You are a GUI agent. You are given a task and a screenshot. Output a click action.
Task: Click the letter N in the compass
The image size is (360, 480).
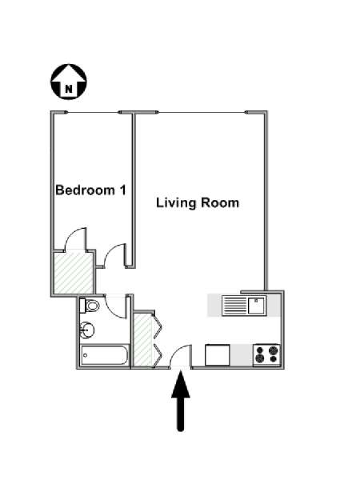point(69,89)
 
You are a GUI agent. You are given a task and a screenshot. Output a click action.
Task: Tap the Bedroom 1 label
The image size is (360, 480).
point(90,190)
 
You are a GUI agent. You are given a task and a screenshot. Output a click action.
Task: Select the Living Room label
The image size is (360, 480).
point(198,203)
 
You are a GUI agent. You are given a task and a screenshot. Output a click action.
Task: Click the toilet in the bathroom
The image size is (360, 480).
point(90,306)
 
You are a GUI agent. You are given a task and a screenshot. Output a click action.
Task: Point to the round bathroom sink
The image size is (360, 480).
point(87,330)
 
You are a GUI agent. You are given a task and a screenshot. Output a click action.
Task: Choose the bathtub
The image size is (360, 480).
point(104,355)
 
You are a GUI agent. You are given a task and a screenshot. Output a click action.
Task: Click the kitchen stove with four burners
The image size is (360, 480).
point(266,354)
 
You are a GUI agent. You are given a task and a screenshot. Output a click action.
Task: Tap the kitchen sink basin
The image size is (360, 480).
point(257,306)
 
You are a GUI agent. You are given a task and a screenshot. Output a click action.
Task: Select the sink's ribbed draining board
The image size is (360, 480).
point(234,306)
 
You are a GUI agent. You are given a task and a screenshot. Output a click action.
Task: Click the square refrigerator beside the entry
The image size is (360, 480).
point(218,355)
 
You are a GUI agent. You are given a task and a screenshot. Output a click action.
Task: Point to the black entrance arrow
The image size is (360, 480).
point(181,401)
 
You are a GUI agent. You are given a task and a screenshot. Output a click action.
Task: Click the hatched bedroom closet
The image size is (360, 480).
point(73,272)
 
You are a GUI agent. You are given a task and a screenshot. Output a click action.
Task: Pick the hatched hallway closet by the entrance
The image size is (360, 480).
point(143,339)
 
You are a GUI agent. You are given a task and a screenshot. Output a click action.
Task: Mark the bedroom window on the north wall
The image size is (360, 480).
point(94,112)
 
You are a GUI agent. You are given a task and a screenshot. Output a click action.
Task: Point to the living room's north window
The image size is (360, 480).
point(202,112)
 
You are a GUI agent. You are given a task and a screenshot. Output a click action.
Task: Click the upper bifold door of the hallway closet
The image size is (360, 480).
point(157,326)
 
